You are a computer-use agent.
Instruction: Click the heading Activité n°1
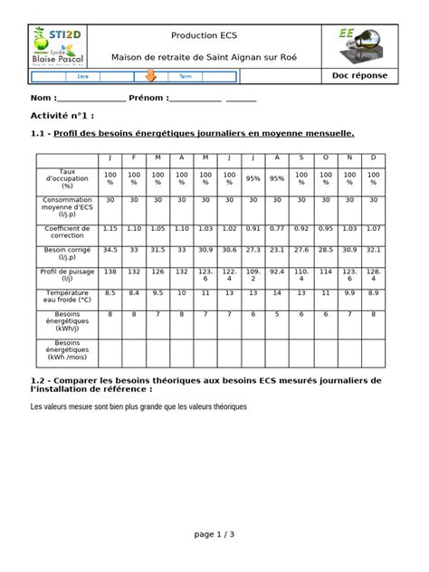pyautogui.click(x=62, y=117)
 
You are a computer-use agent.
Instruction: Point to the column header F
pyautogui.click(x=134, y=157)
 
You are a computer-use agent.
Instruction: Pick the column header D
pyautogui.click(x=372, y=157)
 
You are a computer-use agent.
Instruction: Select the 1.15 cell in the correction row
pyautogui.click(x=110, y=229)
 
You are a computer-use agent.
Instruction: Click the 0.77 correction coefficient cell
pyautogui.click(x=277, y=229)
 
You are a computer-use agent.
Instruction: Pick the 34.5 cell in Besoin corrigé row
pyautogui.click(x=110, y=249)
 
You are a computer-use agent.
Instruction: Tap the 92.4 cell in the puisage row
pyautogui.click(x=277, y=271)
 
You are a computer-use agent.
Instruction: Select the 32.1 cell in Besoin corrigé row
pyautogui.click(x=372, y=249)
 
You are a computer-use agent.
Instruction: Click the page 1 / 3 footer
pyautogui.click(x=214, y=534)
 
